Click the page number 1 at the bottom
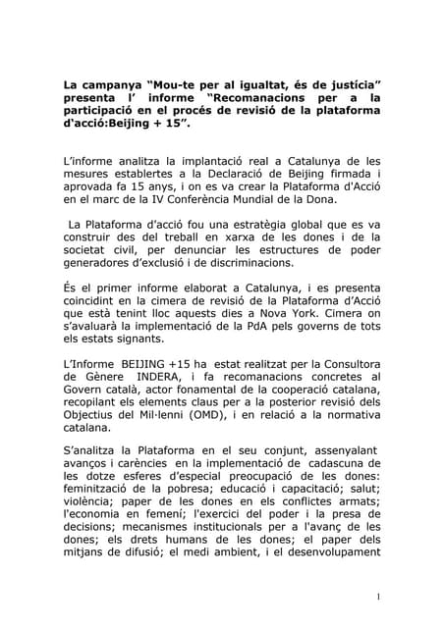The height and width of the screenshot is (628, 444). (x=378, y=596)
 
